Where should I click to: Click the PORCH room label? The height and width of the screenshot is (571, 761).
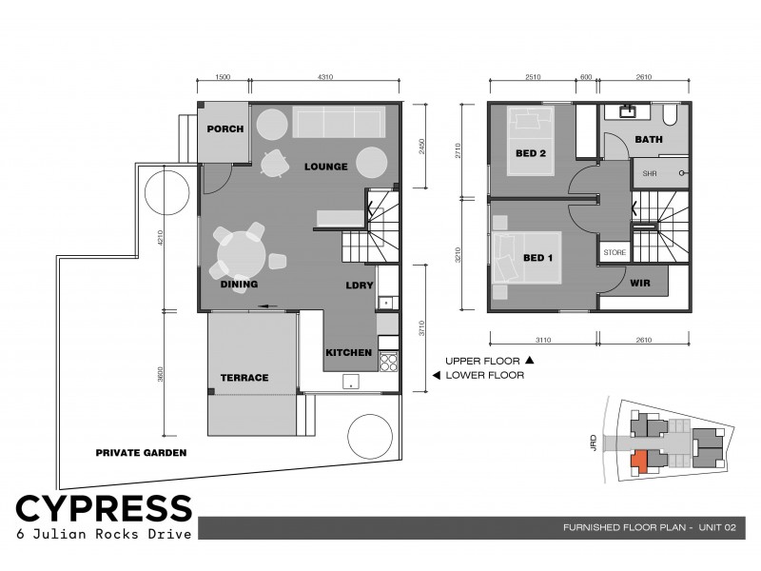(x=224, y=129)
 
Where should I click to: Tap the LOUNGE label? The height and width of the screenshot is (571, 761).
(x=326, y=167)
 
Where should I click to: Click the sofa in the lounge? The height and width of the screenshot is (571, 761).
(x=337, y=125)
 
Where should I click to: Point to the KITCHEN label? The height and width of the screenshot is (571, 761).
(x=348, y=353)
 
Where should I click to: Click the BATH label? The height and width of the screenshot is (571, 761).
(x=649, y=140)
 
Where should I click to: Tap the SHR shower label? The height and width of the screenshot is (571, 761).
(x=650, y=173)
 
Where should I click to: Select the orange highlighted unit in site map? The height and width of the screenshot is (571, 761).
(x=640, y=462)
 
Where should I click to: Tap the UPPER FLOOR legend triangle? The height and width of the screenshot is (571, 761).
(x=530, y=361)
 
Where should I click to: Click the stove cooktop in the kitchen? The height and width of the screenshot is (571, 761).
(x=388, y=361)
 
